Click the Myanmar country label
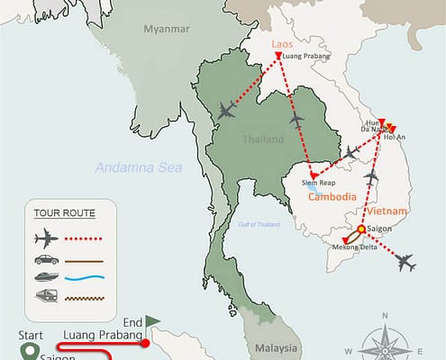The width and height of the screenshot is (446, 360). (x=166, y=29)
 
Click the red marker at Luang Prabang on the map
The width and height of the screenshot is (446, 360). (x=277, y=56)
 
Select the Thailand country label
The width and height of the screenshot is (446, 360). (x=264, y=139)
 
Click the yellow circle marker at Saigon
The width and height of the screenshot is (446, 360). (x=361, y=229)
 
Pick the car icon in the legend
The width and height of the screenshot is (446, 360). (x=46, y=259)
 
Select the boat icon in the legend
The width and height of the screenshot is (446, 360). (x=46, y=278)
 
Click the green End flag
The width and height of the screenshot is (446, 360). (x=152, y=319)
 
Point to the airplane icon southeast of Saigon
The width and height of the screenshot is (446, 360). (x=405, y=263)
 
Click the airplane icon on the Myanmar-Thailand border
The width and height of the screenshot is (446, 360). (x=226, y=111)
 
